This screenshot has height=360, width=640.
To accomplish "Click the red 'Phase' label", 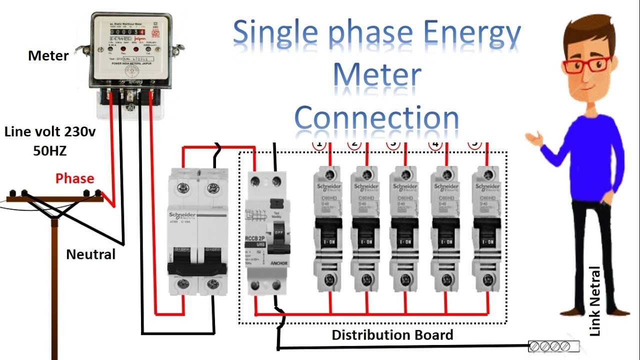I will pyautogui.click(x=74, y=178).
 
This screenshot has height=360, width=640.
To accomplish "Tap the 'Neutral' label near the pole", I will pyautogui.click(x=90, y=254).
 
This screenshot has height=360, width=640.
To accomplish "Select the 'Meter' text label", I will pyautogui.click(x=48, y=55).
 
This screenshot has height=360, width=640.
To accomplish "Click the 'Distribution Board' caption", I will pyautogui.click(x=392, y=334).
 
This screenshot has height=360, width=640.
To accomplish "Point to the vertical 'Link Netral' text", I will pyautogui.click(x=594, y=301).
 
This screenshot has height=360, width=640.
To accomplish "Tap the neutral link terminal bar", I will pyautogui.click(x=554, y=345).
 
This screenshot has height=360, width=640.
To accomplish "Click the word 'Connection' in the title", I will pyautogui.click(x=376, y=118).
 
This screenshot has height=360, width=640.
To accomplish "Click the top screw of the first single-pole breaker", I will pyautogui.click(x=329, y=175).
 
